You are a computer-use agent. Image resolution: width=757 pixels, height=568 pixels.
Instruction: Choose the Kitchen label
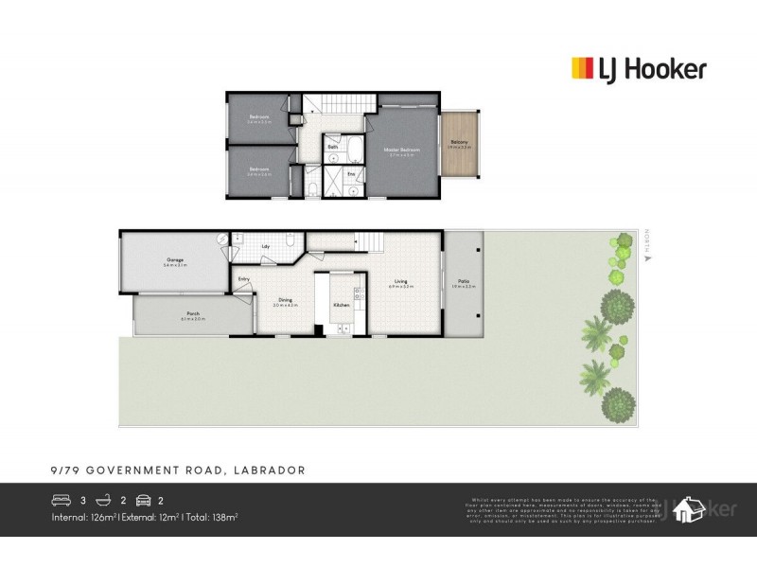coord(341,305)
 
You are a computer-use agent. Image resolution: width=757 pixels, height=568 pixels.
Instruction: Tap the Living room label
coord(401,280)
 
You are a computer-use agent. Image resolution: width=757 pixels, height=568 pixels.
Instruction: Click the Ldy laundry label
coord(266,247)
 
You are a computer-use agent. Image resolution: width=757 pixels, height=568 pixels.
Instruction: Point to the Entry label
coord(244,278)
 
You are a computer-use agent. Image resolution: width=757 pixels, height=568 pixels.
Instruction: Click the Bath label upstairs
coord(333,148)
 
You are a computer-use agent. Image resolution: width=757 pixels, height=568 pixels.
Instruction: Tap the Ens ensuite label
coord(350,174)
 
